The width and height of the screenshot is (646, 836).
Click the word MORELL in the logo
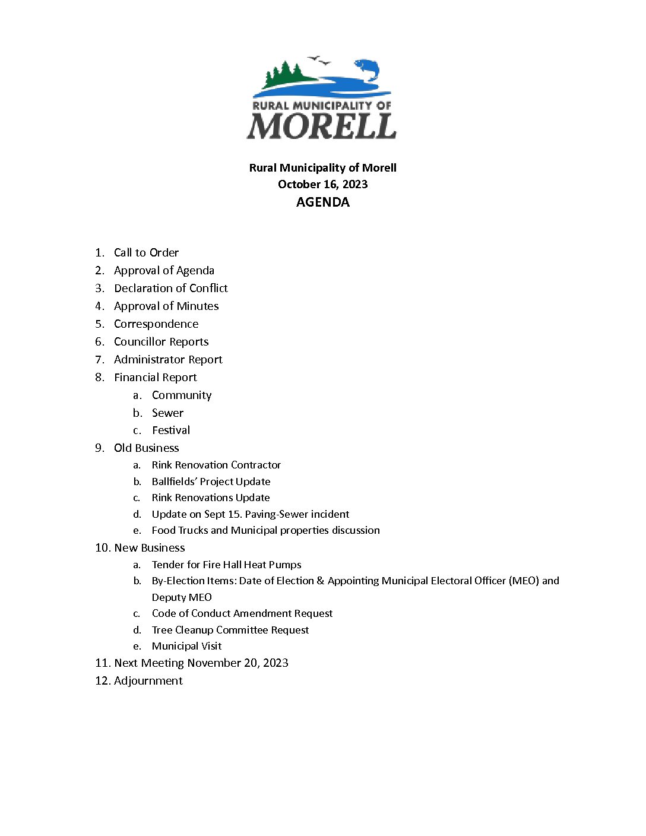click(321, 125)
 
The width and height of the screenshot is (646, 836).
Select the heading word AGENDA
click(322, 202)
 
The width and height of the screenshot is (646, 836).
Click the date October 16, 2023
click(322, 184)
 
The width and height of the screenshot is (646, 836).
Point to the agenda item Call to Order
click(146, 253)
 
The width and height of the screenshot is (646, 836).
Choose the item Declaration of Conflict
click(170, 289)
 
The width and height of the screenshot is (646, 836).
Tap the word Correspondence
click(156, 324)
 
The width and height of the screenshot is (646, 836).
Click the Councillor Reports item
click(161, 342)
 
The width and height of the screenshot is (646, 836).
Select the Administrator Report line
click(168, 360)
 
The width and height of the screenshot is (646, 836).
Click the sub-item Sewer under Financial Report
click(167, 413)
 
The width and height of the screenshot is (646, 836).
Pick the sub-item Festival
click(171, 430)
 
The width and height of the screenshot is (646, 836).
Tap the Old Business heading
click(146, 448)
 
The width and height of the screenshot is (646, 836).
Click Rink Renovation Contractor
click(216, 465)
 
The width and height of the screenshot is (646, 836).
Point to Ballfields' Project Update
click(211, 482)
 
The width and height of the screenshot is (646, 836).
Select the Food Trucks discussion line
click(265, 530)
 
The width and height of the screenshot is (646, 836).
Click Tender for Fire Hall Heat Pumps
click(226, 565)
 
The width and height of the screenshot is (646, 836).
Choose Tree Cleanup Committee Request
click(230, 630)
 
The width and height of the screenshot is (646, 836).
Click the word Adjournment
click(148, 681)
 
